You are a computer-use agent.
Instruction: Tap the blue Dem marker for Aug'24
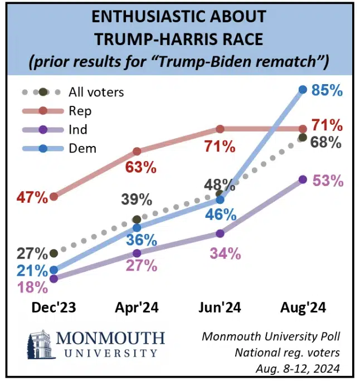click(x=303, y=89)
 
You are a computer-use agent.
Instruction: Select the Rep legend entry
click(x=81, y=111)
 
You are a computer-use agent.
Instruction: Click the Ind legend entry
click(x=79, y=129)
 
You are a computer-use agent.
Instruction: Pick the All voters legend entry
click(x=95, y=92)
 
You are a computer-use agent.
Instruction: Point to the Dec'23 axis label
click(x=54, y=308)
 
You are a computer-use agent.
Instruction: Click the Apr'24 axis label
click(x=137, y=308)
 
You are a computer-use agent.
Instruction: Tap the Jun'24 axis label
click(x=220, y=308)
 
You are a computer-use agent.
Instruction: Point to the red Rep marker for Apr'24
click(x=137, y=151)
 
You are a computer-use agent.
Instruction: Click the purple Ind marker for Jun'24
click(x=220, y=233)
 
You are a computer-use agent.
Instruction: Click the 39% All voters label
click(x=137, y=199)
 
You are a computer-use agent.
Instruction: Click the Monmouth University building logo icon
click(x=40, y=345)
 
